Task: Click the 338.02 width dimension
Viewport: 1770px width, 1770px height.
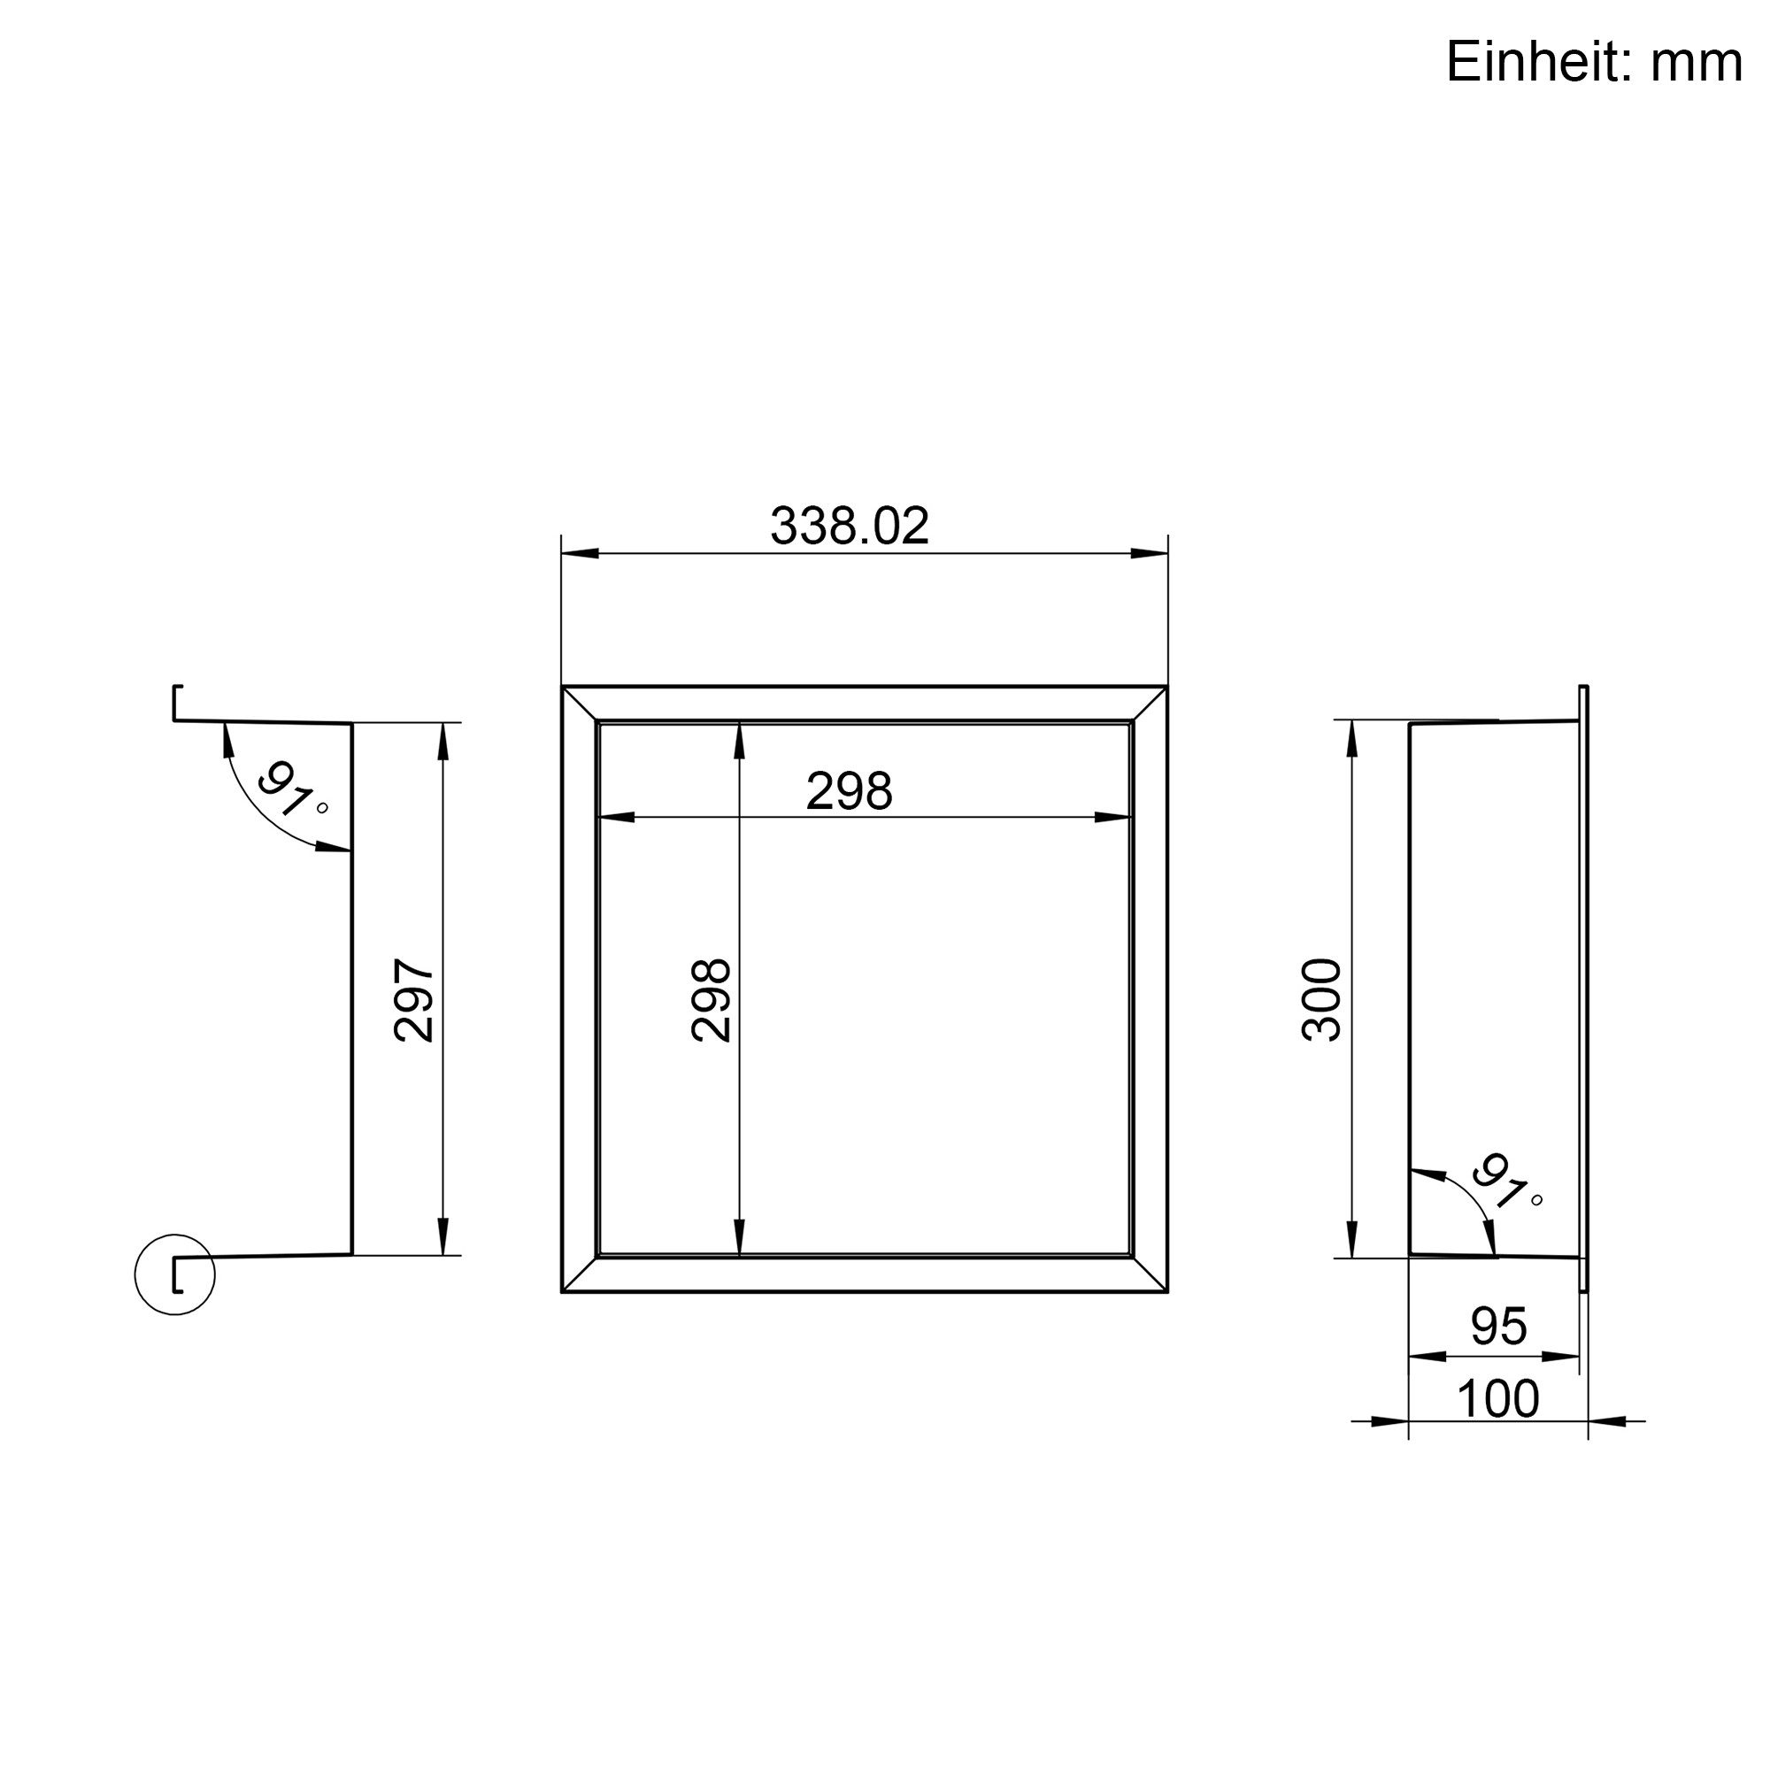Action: tap(850, 527)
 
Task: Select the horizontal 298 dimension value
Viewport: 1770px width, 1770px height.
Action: tap(849, 791)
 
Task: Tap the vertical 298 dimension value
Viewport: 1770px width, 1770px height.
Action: tap(711, 999)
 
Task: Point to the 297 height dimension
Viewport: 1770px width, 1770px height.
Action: tap(414, 1000)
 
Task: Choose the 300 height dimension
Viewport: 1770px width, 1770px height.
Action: tap(1321, 999)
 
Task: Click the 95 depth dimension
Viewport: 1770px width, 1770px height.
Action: tap(1499, 1326)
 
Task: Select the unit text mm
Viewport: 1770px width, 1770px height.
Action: tap(1697, 63)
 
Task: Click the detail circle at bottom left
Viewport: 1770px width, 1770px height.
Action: tap(175, 1275)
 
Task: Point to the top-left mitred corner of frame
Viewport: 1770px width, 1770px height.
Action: tap(580, 704)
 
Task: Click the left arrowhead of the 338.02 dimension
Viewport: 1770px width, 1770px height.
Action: tap(579, 553)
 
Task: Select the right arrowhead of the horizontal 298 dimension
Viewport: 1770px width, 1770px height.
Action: tap(1114, 818)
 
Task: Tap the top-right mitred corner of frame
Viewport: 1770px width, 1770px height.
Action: tap(1150, 704)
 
